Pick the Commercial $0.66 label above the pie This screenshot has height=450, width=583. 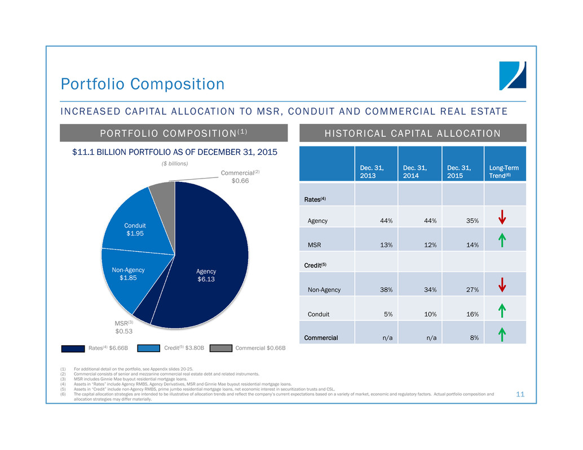click(x=241, y=176)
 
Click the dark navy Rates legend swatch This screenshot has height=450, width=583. click(x=73, y=348)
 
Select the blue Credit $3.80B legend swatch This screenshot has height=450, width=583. click(x=148, y=348)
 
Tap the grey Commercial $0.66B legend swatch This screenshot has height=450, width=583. click(x=222, y=348)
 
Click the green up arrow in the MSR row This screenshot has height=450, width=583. click(x=502, y=241)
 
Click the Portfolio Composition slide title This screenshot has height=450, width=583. click(x=143, y=84)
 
